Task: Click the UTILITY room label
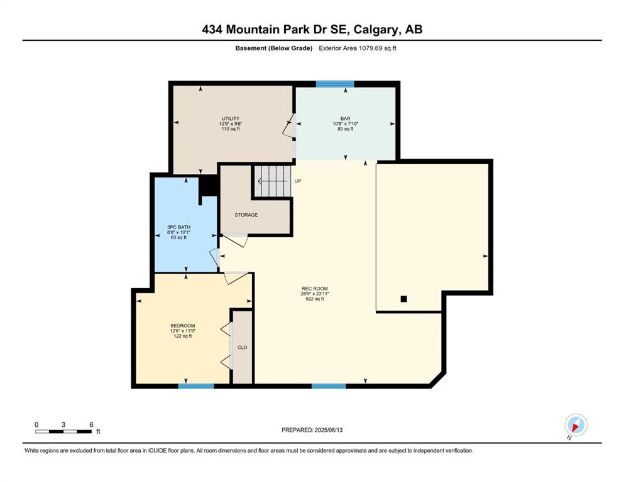(x=231, y=119)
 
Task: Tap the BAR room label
(x=345, y=119)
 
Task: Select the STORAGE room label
(x=246, y=215)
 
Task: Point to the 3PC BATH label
(x=178, y=227)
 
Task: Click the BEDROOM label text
(x=183, y=326)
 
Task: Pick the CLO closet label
(x=243, y=347)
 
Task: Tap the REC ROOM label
(x=314, y=289)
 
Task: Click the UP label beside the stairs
(x=298, y=181)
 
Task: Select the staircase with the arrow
(x=273, y=181)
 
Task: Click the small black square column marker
(x=403, y=299)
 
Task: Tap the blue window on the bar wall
(x=335, y=84)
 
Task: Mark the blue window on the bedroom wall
(x=196, y=386)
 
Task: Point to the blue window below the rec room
(x=329, y=386)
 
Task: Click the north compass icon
(x=576, y=425)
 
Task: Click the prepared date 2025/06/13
(x=328, y=430)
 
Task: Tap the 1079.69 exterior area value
(x=370, y=48)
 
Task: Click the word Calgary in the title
(x=376, y=29)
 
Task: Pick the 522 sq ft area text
(x=314, y=299)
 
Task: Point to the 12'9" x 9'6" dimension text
(x=231, y=124)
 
